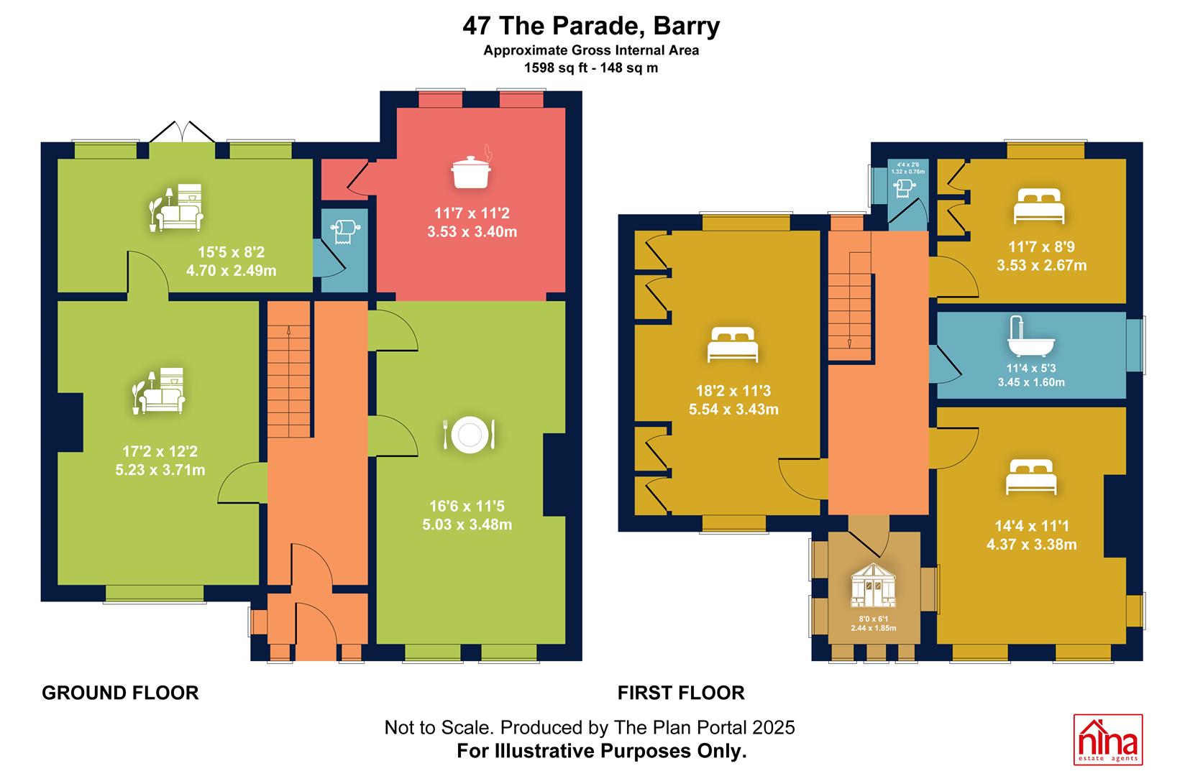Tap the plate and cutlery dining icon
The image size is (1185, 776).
pyautogui.click(x=470, y=435)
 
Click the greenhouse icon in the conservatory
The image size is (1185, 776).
pyautogui.click(x=873, y=585)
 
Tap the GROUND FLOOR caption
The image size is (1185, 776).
pyautogui.click(x=120, y=693)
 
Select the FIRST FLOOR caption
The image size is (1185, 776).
pyautogui.click(x=681, y=693)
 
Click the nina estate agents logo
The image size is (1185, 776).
pyautogui.click(x=1108, y=739)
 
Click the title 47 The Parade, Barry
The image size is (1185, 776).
pyautogui.click(x=591, y=26)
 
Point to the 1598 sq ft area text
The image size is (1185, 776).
pyautogui.click(x=554, y=68)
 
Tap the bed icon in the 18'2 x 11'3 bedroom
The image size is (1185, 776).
pyautogui.click(x=733, y=345)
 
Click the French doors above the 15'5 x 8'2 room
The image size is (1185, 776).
pyautogui.click(x=182, y=132)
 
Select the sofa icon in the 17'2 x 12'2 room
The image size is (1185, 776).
pyautogui.click(x=159, y=391)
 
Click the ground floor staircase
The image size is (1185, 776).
pyautogui.click(x=288, y=369)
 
